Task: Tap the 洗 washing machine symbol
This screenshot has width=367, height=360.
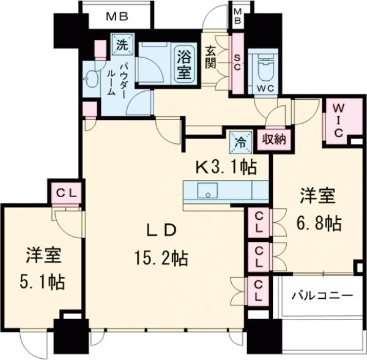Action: click(121, 44)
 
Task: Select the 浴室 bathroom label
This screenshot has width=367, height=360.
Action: click(184, 61)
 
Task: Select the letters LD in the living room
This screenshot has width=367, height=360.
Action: click(160, 230)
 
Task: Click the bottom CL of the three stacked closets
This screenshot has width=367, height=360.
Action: click(259, 290)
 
